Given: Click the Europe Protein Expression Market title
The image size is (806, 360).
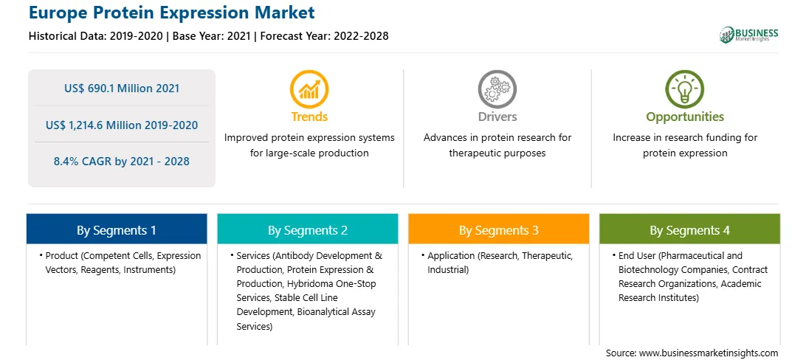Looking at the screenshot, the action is click(x=172, y=13).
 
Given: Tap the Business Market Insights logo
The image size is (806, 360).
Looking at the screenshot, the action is click(x=748, y=35).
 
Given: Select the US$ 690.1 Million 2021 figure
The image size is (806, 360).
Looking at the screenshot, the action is click(x=122, y=89).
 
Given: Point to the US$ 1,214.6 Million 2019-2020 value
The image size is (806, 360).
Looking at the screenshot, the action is click(x=122, y=125).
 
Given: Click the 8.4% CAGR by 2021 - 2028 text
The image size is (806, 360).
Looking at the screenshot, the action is click(x=122, y=162).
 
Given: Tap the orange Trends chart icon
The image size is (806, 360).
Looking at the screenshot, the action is click(x=309, y=89).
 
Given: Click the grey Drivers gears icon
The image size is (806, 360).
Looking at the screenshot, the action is click(x=497, y=89).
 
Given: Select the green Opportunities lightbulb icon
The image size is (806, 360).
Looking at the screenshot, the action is click(x=685, y=89).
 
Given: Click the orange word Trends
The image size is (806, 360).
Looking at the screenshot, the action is click(x=309, y=117).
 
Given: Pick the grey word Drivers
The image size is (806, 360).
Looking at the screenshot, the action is click(x=497, y=117).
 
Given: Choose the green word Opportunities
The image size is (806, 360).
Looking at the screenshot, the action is click(x=685, y=117).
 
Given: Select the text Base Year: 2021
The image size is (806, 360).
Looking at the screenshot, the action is click(x=211, y=36).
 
